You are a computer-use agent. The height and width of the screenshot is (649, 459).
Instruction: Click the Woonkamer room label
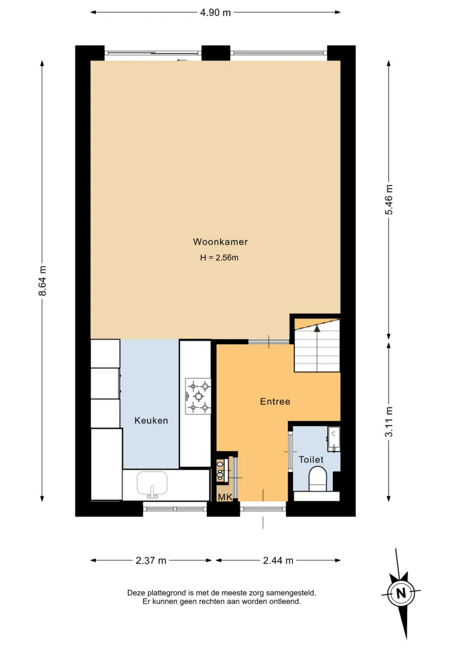(220, 242)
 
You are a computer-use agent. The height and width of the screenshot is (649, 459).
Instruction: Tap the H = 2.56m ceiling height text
(219, 257)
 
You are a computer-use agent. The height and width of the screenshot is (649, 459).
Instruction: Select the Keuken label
(151, 421)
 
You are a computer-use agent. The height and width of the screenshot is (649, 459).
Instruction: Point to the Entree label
(275, 402)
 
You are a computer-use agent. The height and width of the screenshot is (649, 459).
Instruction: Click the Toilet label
(311, 459)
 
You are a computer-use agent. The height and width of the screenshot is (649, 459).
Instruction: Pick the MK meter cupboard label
(225, 497)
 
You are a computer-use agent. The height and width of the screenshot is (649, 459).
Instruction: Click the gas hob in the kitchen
(198, 396)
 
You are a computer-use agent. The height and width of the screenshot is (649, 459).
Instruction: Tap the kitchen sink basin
(152, 484)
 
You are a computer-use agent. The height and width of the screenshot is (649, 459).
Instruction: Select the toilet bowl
(318, 478)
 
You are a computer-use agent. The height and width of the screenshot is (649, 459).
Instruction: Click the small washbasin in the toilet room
(334, 439)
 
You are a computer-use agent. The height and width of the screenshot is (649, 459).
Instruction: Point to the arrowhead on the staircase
(317, 329)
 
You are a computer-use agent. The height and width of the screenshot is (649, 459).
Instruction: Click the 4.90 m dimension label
(215, 12)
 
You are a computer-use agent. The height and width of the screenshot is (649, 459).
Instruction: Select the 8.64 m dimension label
(42, 281)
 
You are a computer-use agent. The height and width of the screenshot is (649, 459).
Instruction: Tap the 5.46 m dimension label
(389, 200)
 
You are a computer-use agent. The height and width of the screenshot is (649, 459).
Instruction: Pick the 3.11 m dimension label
(389, 422)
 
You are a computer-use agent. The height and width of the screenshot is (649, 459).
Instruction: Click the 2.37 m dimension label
(151, 560)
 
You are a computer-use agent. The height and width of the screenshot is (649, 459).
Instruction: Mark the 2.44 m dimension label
(278, 560)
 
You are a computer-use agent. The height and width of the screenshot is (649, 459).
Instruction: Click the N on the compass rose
(401, 593)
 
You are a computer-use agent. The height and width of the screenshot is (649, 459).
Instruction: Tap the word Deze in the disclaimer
(136, 593)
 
